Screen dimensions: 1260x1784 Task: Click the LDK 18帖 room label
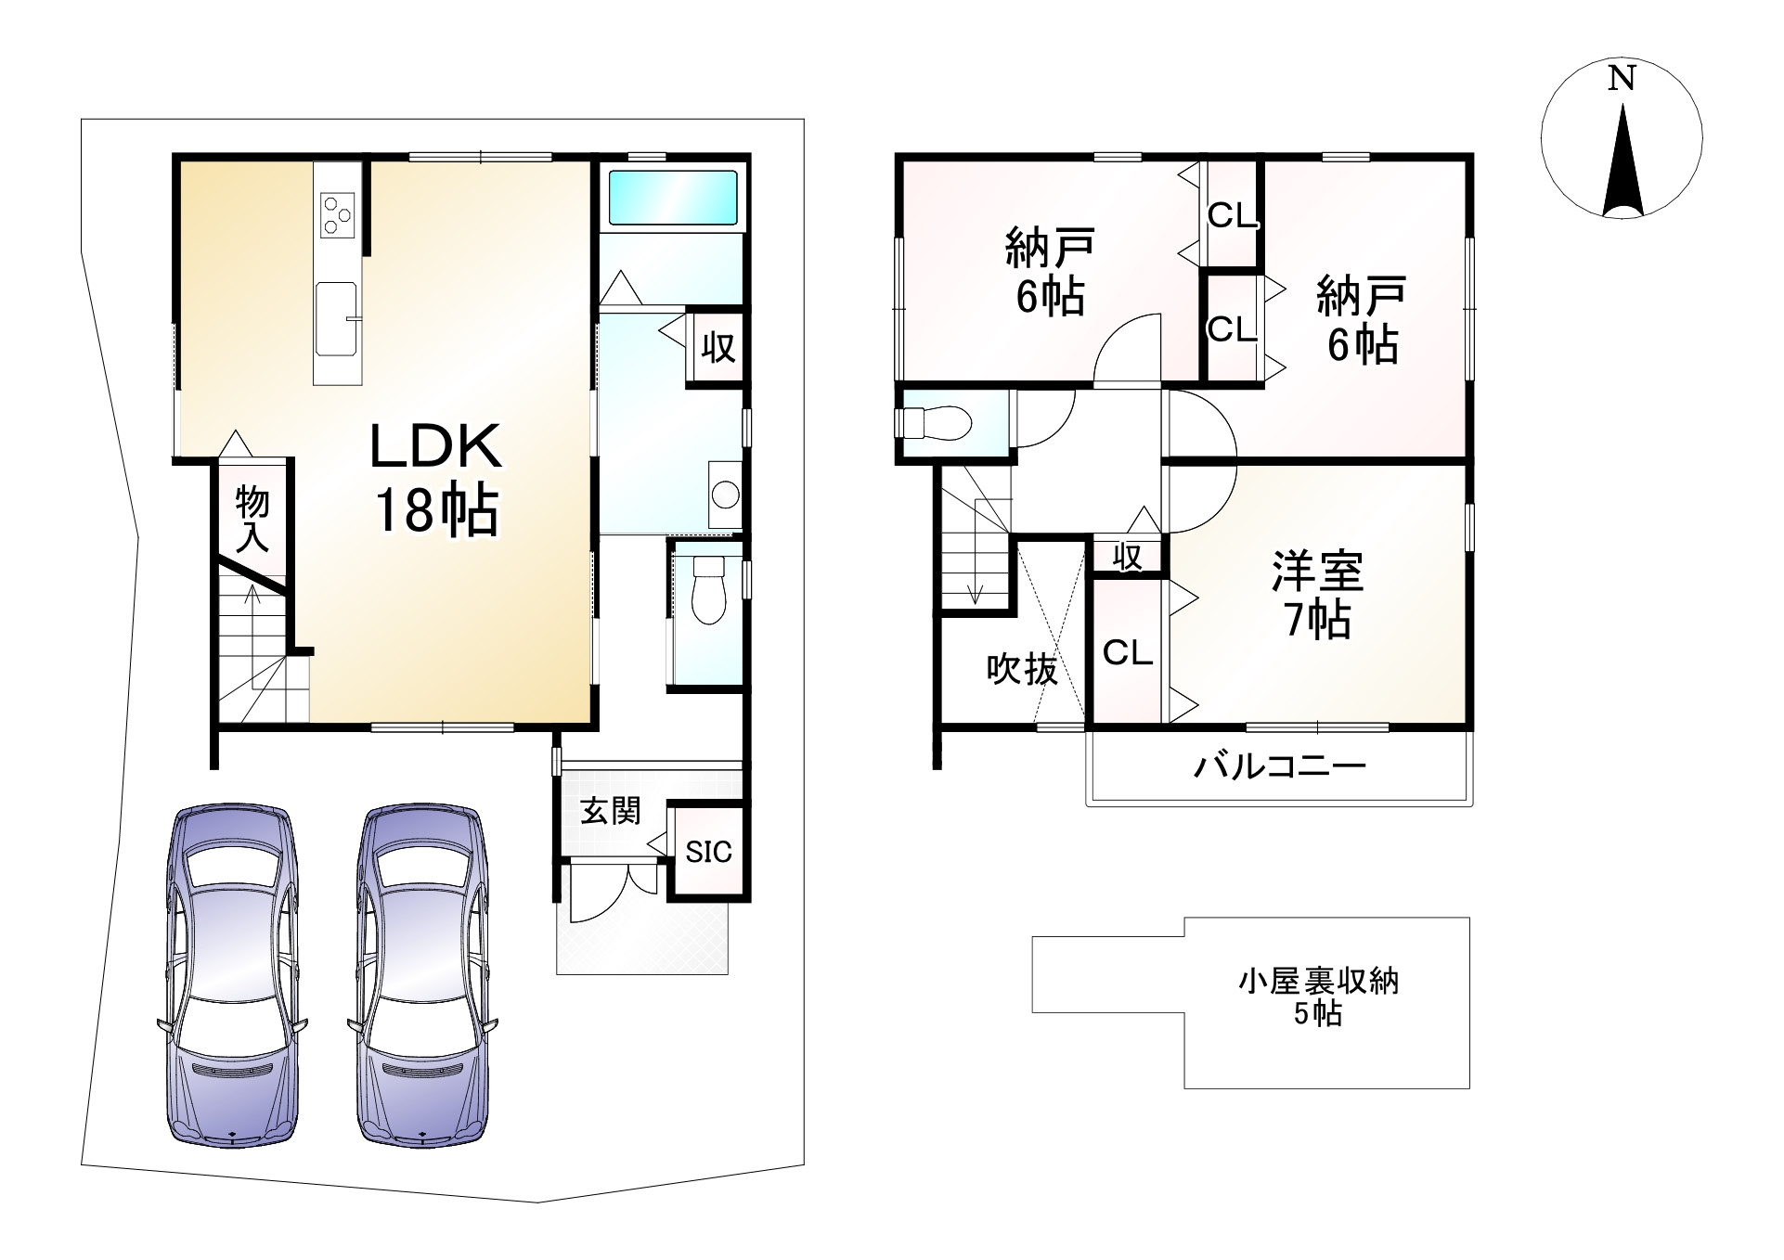click(436, 478)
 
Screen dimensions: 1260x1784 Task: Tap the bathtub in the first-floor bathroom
click(673, 197)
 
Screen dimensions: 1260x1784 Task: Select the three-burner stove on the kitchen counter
click(337, 215)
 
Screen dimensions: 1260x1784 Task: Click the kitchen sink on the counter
click(336, 318)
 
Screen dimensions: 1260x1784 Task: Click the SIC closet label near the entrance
click(709, 852)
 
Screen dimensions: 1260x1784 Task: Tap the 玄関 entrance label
click(611, 811)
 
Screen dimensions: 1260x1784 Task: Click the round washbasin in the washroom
click(725, 494)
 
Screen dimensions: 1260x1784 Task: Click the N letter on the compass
click(1622, 80)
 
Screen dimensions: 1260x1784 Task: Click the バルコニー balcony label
click(1279, 766)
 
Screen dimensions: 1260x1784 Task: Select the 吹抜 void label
click(1021, 668)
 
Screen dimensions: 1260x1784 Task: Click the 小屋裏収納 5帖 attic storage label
click(1318, 996)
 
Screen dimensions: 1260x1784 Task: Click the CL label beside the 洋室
click(1127, 652)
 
